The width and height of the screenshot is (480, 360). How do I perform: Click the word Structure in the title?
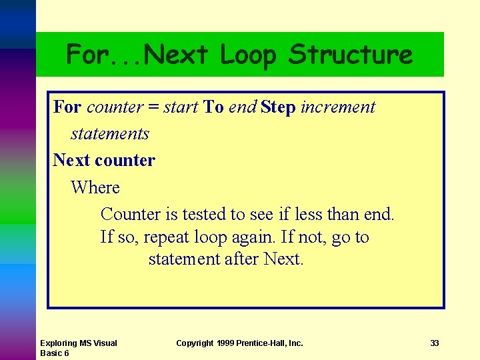351,55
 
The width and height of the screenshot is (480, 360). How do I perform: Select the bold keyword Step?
278,107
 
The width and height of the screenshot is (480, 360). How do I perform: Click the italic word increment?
338,107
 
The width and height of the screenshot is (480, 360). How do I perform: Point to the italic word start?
181,107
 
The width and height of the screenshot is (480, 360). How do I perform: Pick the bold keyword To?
213,107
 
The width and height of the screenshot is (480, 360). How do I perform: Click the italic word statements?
110,134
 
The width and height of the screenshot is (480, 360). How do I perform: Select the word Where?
95,188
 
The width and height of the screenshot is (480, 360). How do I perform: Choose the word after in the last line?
242,259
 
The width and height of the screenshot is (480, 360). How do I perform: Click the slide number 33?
435,343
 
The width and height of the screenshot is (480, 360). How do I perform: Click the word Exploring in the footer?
59,343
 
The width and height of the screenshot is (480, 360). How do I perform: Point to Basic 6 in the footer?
55,353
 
